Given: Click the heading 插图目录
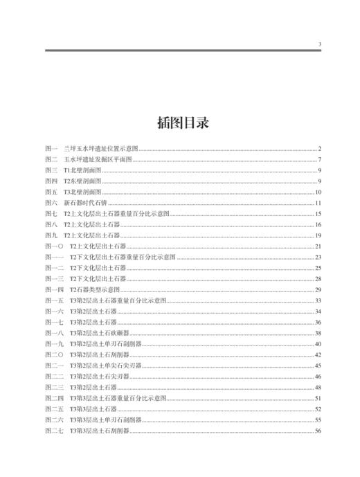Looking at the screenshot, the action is [x=180, y=123].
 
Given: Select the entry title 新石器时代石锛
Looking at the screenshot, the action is [x=88, y=204].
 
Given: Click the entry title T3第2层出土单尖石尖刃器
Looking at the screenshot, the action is [x=102, y=366].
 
